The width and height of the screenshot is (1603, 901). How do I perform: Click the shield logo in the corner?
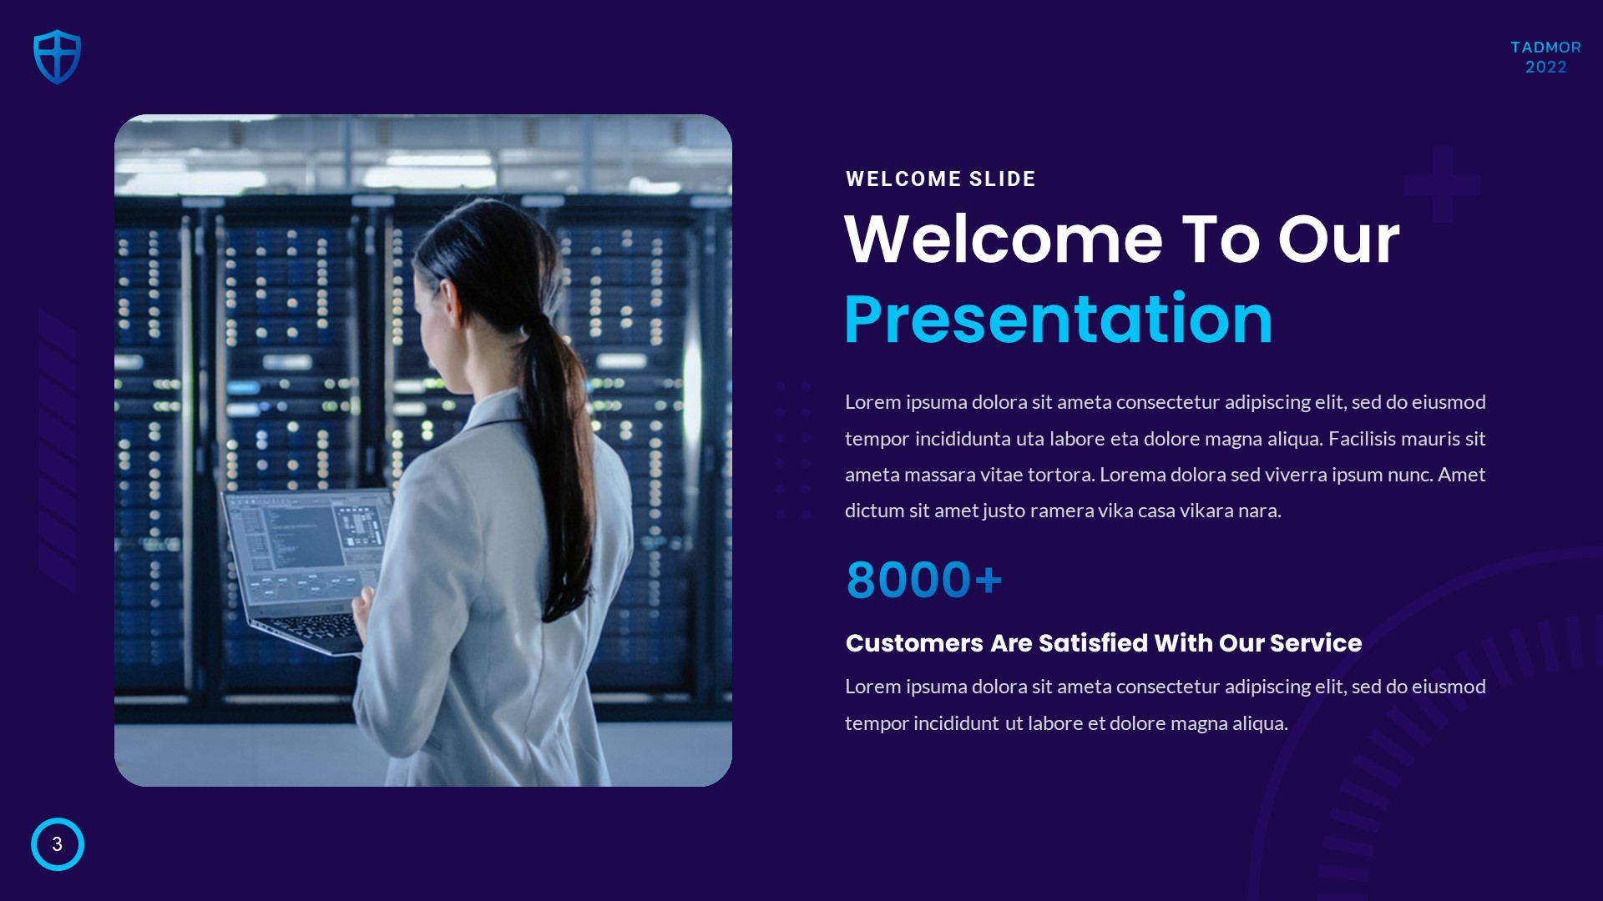57,57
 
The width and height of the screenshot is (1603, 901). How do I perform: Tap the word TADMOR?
1545,48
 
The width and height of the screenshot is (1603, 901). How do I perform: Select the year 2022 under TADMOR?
1545,67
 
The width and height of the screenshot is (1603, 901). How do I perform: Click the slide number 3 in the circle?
57,844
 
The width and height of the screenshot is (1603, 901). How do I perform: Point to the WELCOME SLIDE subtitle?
940,179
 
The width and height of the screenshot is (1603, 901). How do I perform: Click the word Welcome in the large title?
1004,239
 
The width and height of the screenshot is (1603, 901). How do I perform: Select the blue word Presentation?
1058,320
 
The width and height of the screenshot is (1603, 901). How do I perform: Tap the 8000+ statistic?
923,580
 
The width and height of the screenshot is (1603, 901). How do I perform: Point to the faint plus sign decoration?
1442,184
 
